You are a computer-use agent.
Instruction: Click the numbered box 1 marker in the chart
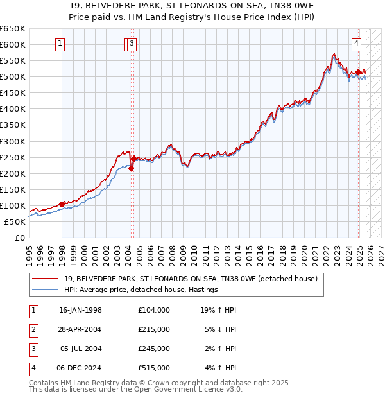coord(60,44)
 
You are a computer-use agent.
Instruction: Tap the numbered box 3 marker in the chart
coord(132,44)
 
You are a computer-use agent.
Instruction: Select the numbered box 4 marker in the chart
coord(356,44)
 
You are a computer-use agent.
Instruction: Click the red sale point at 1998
coord(62,204)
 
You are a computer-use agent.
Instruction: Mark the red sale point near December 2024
coord(358,72)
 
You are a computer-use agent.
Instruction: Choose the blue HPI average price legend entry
coord(141,290)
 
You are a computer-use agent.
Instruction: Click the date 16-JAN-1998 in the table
coord(80,310)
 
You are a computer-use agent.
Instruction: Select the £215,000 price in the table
coord(154,329)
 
